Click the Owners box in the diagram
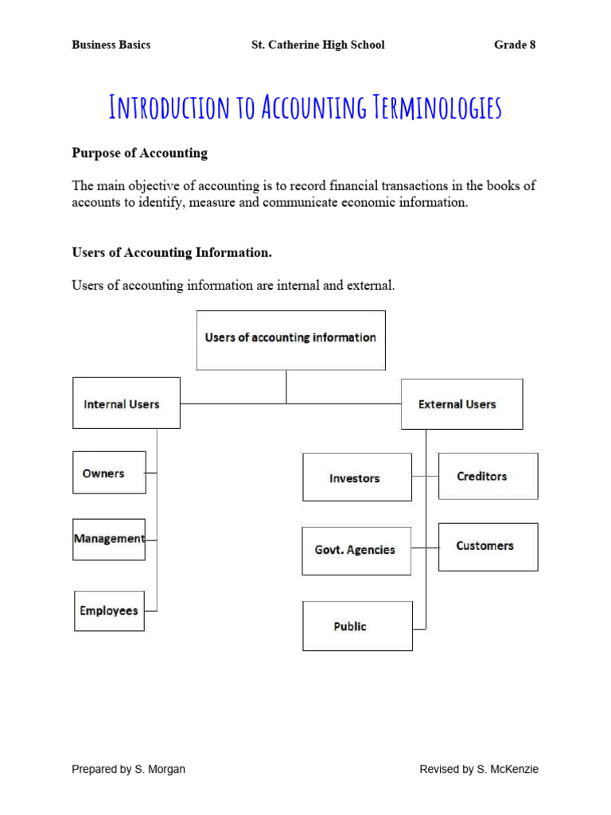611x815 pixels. pos(109,473)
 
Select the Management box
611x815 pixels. pos(109,539)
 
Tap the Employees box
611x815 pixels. pos(109,611)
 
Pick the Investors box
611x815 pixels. pos(356,478)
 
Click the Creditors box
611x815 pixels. pos(488,476)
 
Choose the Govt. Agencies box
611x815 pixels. pos(356,550)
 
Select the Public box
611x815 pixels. pos(357,626)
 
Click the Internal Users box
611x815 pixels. pos(126,404)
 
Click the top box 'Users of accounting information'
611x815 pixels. pos(290,339)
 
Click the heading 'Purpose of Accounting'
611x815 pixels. pos(139,153)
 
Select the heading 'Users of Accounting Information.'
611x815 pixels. pos(172,252)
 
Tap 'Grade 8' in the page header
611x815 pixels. pos(515,45)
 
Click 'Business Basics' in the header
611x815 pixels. pos(111,45)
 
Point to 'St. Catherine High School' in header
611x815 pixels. pos(317,45)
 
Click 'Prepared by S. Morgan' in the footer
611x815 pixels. pos(129,769)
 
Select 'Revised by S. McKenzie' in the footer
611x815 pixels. pos(479,769)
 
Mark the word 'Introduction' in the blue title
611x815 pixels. pos(169,107)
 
